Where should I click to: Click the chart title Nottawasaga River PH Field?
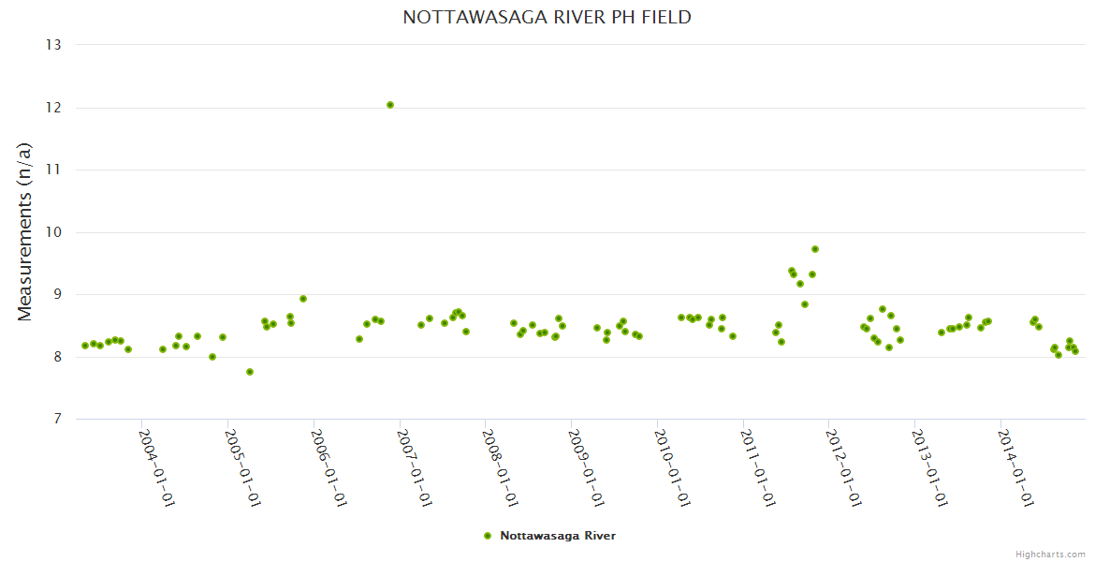click(x=547, y=18)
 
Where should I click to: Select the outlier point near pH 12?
click(x=390, y=105)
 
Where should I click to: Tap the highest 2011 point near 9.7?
click(x=815, y=249)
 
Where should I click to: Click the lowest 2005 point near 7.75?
click(x=250, y=372)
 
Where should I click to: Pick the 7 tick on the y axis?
click(x=57, y=420)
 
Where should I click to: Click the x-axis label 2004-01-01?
click(x=157, y=467)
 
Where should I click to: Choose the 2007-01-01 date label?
click(x=415, y=467)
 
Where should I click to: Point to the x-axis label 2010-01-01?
click(x=672, y=467)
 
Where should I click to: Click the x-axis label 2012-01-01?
click(x=843, y=467)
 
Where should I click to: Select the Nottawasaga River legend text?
click(x=558, y=536)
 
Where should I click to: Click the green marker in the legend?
click(x=487, y=536)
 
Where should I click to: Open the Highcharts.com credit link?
click(x=1050, y=555)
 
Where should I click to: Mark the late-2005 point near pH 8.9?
click(x=303, y=299)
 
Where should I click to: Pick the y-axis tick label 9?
click(x=57, y=295)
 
